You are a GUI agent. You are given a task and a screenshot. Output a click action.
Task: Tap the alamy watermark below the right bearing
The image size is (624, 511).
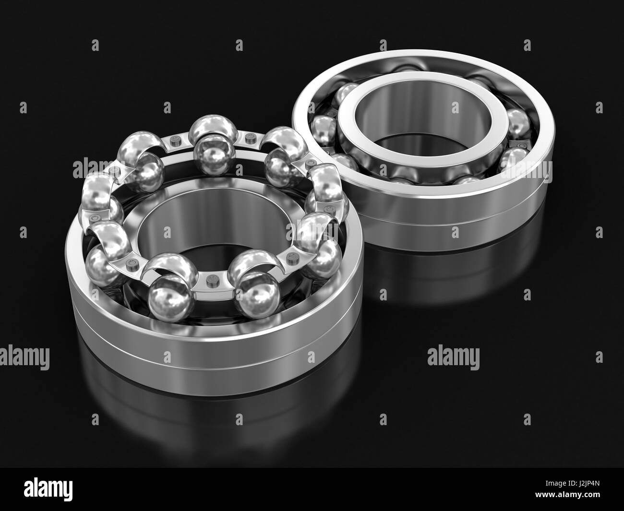453,357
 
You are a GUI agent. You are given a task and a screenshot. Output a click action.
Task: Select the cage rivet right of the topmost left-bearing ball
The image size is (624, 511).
248,138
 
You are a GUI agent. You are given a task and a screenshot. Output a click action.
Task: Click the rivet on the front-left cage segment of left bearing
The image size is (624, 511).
133,263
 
